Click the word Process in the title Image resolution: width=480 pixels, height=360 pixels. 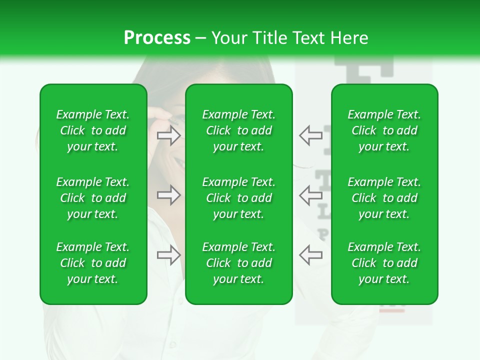pos(157,38)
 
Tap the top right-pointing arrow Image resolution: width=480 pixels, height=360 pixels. pos(169,135)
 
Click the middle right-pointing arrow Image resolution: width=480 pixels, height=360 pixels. pos(169,194)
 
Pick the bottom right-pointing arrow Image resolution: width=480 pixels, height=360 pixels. pos(169,255)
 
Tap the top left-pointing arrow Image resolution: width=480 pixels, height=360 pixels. pos(310,135)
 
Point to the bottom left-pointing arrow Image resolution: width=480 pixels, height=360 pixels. pos(310,254)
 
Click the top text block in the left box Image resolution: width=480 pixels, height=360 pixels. pos(93,130)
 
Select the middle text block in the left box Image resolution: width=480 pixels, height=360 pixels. pos(93,198)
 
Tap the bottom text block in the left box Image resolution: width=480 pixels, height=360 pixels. pos(93,263)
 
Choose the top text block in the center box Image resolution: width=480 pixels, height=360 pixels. pos(239,130)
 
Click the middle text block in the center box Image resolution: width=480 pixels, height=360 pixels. pos(239,198)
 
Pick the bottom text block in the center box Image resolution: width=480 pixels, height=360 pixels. pos(239,263)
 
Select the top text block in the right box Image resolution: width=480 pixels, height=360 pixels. pos(384,130)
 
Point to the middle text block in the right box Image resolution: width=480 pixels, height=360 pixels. pos(384,198)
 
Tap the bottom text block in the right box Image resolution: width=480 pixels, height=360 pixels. pos(384,263)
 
